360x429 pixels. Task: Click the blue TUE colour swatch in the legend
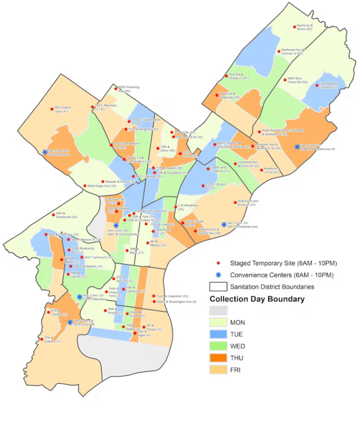218,334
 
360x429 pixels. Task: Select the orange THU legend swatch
218,358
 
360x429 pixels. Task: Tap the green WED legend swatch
218,347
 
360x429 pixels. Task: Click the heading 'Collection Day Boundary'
257,299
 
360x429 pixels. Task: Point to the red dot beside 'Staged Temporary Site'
218,263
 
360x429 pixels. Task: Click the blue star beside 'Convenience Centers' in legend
218,275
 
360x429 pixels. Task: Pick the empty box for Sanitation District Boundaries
218,286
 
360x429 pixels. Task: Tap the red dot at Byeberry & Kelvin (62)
294,26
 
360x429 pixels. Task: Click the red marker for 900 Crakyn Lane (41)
52,109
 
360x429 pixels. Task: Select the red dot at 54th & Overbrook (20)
53,215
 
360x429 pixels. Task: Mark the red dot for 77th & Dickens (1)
42,338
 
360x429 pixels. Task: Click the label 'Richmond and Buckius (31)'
248,203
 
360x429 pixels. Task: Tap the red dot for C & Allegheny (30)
175,206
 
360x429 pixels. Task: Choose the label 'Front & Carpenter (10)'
172,296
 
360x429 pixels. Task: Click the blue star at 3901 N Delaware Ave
224,224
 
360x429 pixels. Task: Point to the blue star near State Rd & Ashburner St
297,147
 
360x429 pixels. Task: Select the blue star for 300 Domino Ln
45,152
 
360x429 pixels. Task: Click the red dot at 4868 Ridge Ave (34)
84,186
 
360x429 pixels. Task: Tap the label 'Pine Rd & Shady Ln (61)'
240,76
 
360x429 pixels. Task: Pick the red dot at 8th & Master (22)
148,243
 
